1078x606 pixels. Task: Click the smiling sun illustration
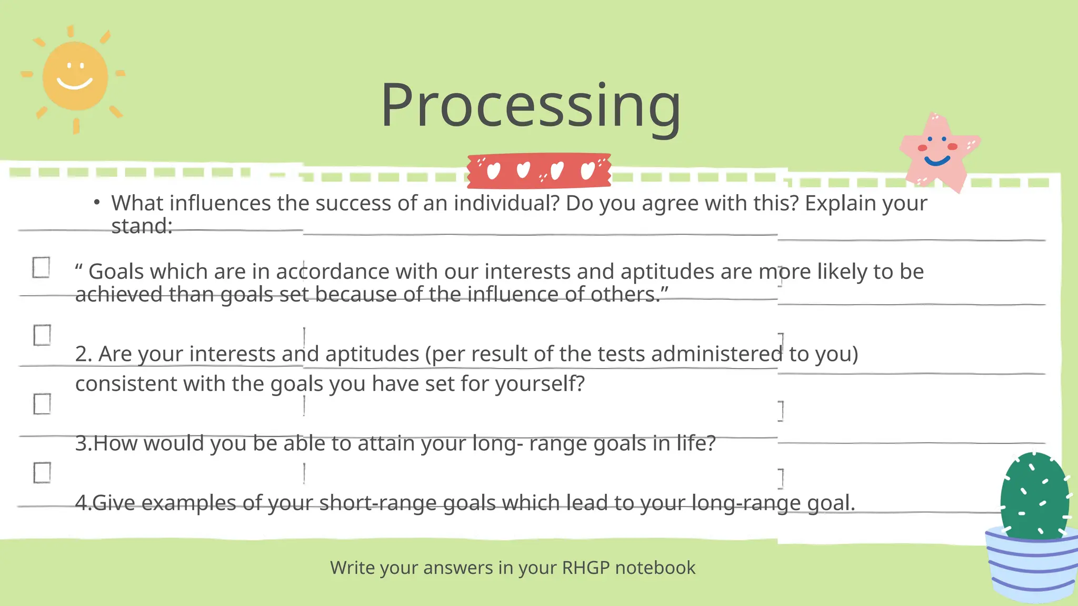pos(75,77)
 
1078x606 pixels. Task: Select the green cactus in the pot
pos(1034,494)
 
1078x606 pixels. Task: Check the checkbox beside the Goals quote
pos(41,267)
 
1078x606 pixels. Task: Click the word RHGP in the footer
pos(585,568)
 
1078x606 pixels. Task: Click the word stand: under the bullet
pos(142,226)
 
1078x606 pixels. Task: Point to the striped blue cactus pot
pos(1032,565)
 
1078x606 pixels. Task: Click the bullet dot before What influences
pos(97,202)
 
